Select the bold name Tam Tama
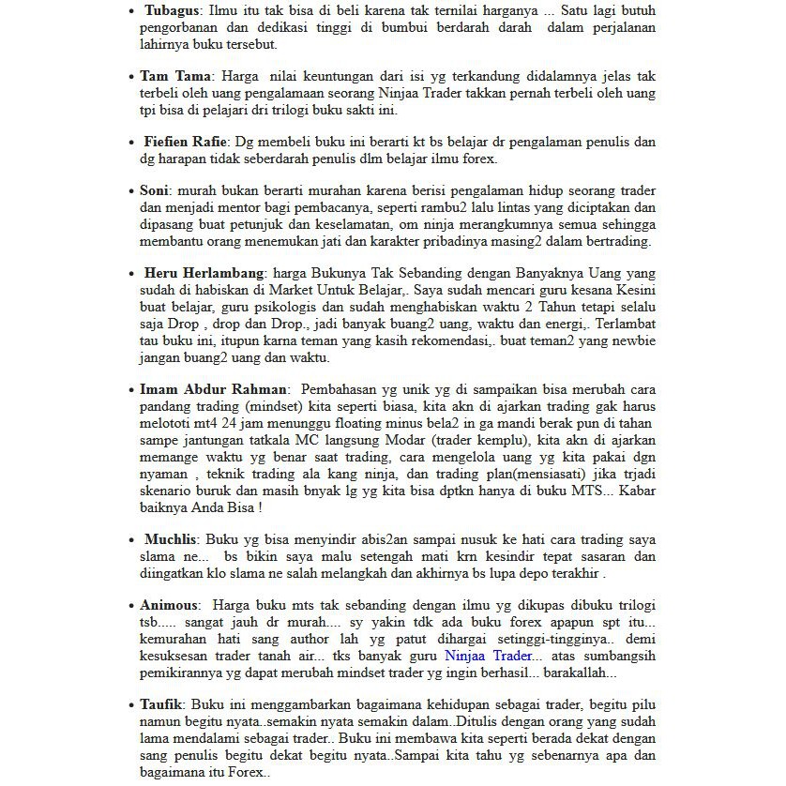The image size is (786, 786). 175,76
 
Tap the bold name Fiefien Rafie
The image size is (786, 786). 186,142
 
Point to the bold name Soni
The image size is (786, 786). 154,190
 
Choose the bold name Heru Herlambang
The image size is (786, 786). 204,273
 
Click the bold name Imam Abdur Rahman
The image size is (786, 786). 214,388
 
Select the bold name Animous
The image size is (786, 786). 169,605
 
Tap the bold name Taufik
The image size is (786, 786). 160,703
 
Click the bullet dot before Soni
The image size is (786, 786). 131,191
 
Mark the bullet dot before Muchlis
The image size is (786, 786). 131,540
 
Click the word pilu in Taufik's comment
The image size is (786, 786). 642,703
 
